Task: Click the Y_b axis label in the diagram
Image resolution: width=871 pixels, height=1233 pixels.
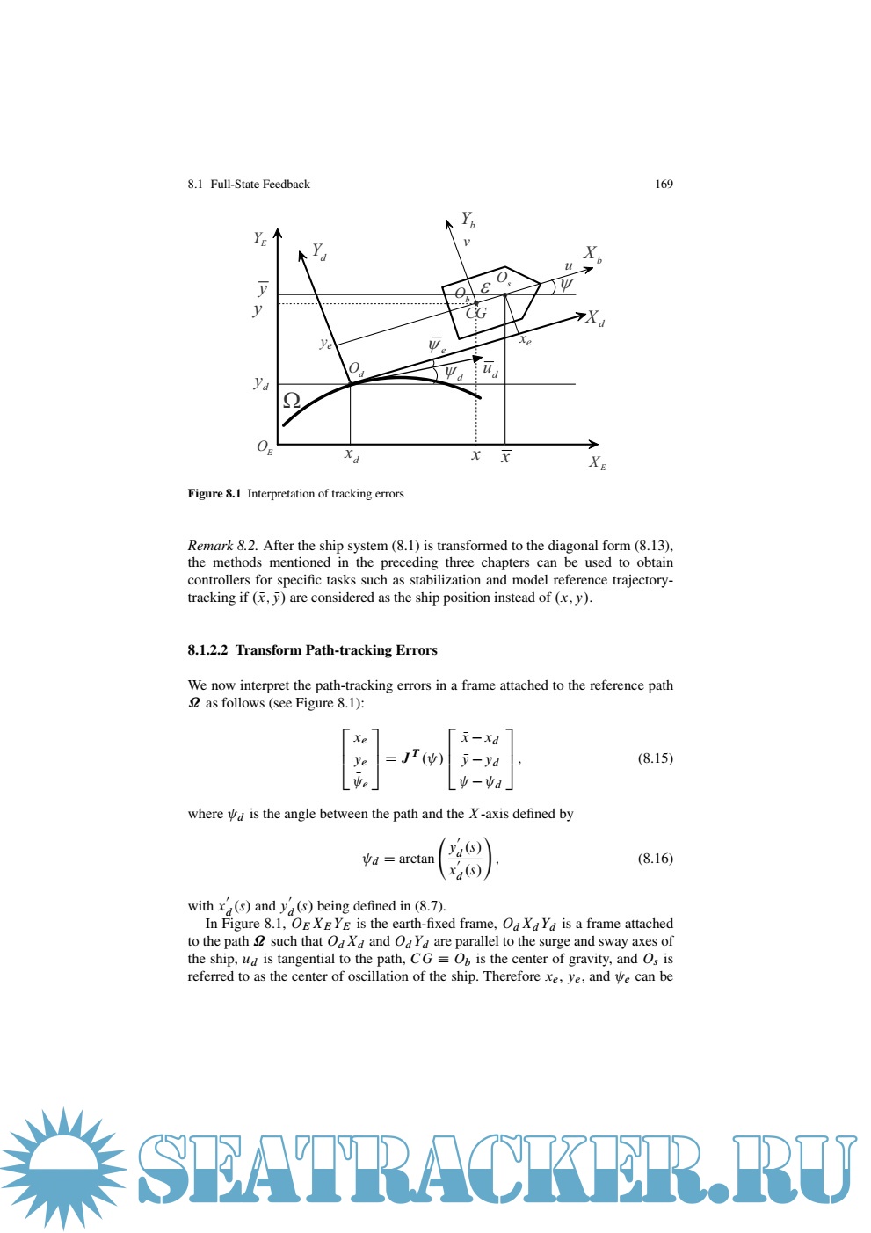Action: (468, 220)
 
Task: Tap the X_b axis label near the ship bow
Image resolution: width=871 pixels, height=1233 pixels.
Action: (593, 255)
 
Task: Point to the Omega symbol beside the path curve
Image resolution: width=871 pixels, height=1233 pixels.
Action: (291, 401)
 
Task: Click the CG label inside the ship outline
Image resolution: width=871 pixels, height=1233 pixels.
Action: (475, 313)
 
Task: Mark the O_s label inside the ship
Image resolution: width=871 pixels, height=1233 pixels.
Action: (504, 279)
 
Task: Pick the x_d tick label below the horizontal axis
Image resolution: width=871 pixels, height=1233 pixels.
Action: (352, 456)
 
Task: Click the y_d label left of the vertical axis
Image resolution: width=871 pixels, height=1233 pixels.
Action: (261, 383)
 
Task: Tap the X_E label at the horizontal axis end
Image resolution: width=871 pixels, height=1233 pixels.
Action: (598, 462)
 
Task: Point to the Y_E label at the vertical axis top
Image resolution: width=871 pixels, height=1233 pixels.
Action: (260, 238)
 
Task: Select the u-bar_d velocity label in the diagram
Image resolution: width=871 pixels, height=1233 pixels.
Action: (490, 369)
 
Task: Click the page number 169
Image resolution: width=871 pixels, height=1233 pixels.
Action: (664, 185)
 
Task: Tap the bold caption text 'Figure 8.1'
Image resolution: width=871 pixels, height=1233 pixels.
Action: (214, 494)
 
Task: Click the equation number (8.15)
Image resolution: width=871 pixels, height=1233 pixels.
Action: (655, 758)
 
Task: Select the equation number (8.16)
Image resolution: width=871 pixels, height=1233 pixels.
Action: (655, 859)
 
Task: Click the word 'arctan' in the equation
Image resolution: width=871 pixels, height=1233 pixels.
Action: (417, 859)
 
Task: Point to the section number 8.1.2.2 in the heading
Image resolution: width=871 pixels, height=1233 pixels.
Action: (207, 650)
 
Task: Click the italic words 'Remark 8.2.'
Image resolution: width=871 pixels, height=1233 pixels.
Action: (223, 546)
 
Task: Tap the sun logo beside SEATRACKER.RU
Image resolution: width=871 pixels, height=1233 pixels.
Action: (63, 1167)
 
